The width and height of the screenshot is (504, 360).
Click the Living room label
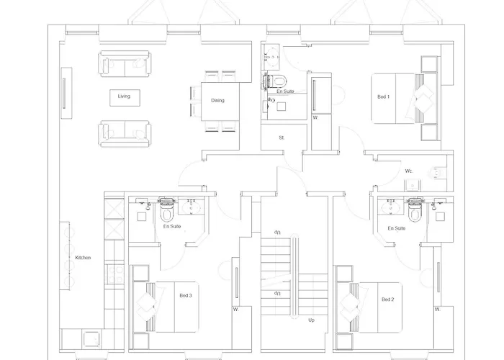[x=124, y=96]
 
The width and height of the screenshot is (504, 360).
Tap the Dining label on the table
[x=217, y=101]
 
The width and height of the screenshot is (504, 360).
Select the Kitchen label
[x=83, y=258]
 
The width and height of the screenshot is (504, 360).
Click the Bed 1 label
[x=383, y=96]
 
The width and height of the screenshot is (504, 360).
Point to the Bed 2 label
[x=387, y=299]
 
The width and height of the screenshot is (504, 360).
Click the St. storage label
[x=282, y=137]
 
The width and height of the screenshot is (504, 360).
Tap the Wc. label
[x=408, y=171]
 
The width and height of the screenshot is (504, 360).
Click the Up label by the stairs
[x=311, y=320]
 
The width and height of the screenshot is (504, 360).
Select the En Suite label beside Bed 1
[x=286, y=91]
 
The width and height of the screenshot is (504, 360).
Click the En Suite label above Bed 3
[x=171, y=227]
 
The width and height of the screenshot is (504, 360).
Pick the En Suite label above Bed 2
[x=396, y=228]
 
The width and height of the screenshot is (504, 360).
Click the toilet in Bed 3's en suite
[x=166, y=211]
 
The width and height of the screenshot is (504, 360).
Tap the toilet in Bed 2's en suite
[x=415, y=210]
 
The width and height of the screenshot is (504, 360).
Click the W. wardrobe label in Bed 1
[x=315, y=117]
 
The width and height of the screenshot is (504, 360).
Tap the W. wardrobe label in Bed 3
[x=235, y=310]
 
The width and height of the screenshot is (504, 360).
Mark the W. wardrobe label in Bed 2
[x=437, y=309]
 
